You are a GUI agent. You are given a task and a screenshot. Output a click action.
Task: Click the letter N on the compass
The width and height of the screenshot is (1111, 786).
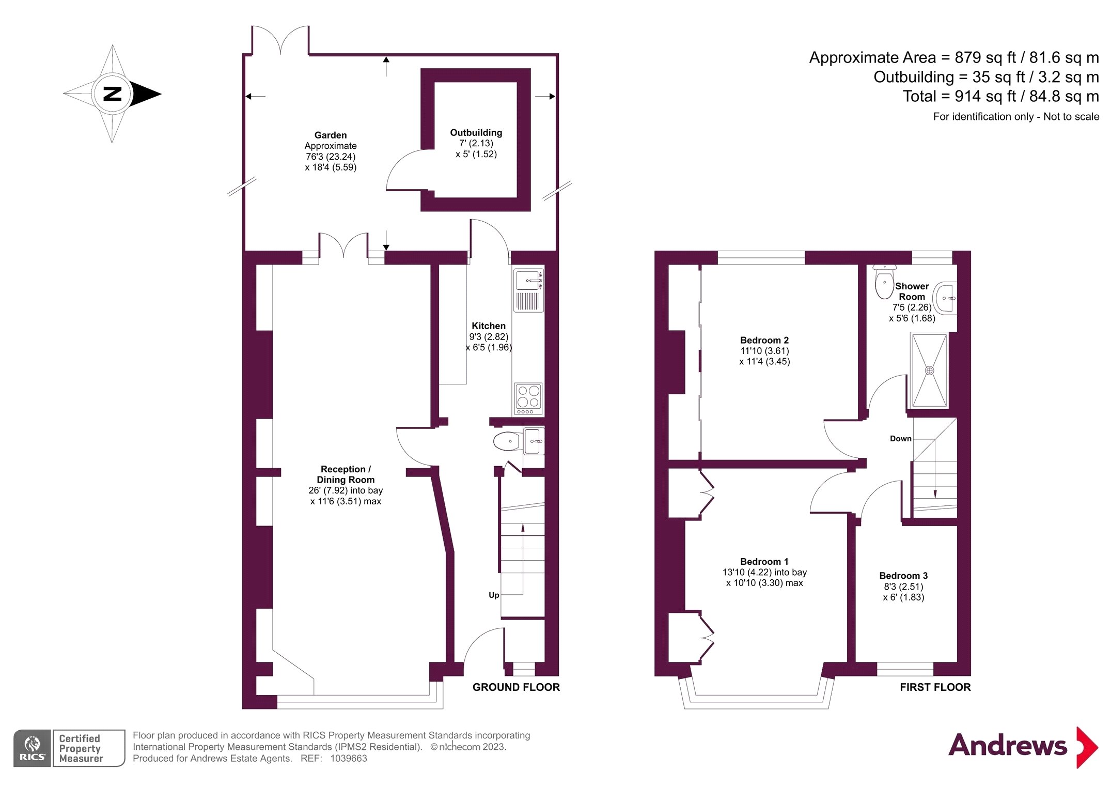pos(113,94)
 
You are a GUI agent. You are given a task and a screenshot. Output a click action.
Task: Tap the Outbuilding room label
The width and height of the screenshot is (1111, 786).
pos(476,133)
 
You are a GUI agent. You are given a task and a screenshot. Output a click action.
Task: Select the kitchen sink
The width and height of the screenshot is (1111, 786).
pos(528,289)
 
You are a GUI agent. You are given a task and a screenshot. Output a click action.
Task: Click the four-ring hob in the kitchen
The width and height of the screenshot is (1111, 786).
pos(528,399)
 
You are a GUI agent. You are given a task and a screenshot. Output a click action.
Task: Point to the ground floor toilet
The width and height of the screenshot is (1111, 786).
pos(507,441)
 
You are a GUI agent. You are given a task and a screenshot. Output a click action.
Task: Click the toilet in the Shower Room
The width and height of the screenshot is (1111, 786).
pos(884,282)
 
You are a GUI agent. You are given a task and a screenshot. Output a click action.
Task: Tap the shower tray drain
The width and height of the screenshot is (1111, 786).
pos(929,371)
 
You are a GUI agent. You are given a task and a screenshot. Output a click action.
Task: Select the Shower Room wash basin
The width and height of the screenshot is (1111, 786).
pos(945,298)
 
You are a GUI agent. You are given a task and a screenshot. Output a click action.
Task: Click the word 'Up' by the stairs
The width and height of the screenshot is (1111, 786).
pos(494,595)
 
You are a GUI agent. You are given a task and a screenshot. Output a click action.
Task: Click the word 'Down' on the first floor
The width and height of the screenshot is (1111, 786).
pos(900,439)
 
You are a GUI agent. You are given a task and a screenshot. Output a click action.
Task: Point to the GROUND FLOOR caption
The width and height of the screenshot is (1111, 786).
pos(516,687)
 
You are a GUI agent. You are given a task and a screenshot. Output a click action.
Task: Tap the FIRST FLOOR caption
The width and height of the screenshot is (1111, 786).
pos(935,687)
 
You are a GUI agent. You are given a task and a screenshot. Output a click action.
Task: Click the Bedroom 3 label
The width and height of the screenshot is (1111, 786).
pos(903,576)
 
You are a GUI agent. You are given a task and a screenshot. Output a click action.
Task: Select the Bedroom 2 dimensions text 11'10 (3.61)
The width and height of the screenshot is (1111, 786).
pos(764,351)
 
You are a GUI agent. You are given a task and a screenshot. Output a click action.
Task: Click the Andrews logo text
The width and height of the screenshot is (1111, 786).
pos(1008,746)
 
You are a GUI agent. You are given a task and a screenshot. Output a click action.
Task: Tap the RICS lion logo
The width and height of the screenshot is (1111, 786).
pos(32,748)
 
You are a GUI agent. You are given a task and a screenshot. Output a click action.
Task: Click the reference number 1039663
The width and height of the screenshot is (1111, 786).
pos(349,759)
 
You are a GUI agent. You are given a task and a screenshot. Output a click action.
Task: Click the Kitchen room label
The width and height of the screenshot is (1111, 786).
pos(489,326)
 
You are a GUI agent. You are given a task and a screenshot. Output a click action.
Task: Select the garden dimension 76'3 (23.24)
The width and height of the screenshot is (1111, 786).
pos(331,157)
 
